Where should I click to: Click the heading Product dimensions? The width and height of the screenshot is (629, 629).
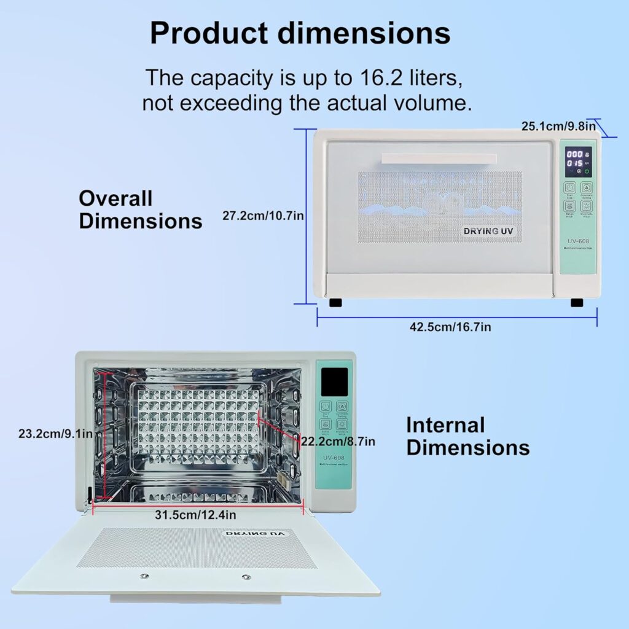pyautogui.click(x=300, y=33)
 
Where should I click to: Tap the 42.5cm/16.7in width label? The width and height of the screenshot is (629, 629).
pyautogui.click(x=450, y=327)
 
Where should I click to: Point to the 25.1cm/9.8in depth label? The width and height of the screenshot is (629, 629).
pyautogui.click(x=558, y=127)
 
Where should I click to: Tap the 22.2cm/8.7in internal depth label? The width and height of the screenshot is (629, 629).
pyautogui.click(x=338, y=441)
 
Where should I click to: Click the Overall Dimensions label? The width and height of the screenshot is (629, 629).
pyautogui.click(x=141, y=209)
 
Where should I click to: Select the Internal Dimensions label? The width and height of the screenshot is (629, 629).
pyautogui.click(x=468, y=436)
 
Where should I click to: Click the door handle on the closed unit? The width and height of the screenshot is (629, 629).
pyautogui.click(x=439, y=159)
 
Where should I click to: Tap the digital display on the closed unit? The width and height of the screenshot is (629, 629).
pyautogui.click(x=578, y=159)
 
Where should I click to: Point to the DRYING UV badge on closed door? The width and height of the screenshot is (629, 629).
pyautogui.click(x=489, y=231)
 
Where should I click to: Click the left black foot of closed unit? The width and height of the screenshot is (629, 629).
pyautogui.click(x=335, y=302)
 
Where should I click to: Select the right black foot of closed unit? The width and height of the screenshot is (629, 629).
pyautogui.click(x=576, y=302)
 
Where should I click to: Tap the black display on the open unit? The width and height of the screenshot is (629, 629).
pyautogui.click(x=334, y=381)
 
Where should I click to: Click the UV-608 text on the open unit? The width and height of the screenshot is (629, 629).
pyautogui.click(x=334, y=457)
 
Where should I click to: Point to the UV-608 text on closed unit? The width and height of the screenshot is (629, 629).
pyautogui.click(x=578, y=242)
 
